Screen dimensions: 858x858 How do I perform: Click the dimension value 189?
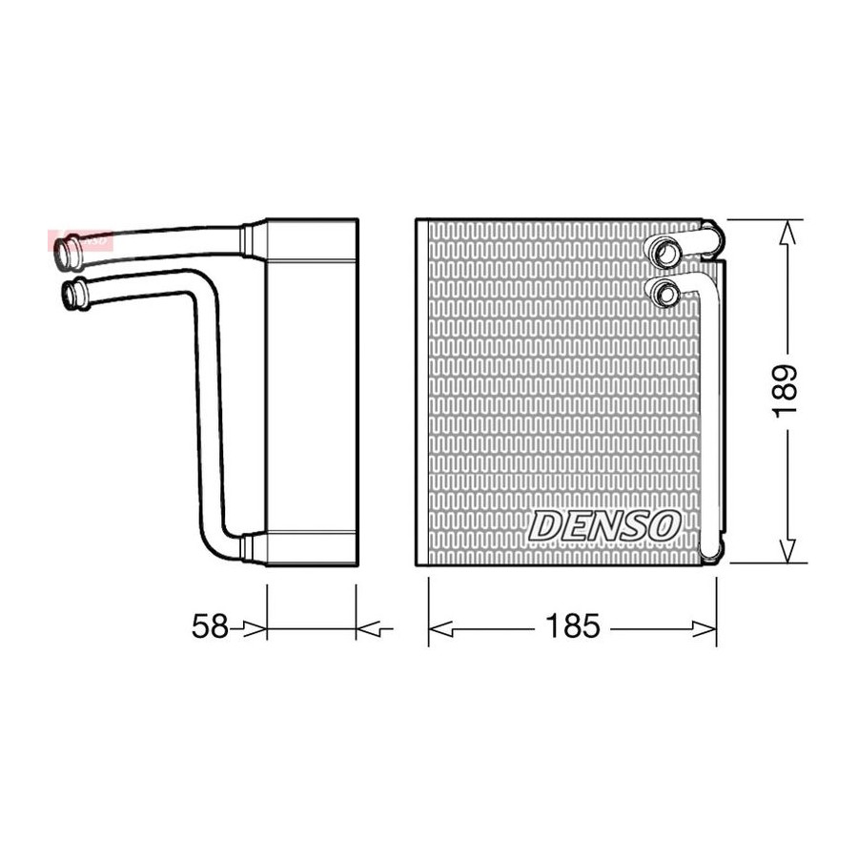click(786, 391)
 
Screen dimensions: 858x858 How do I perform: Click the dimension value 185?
click(572, 627)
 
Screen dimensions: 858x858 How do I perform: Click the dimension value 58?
click(210, 627)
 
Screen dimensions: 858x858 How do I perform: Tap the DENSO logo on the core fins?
click(604, 524)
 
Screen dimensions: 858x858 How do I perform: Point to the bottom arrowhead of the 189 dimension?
click(786, 550)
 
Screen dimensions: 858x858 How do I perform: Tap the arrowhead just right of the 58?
click(252, 627)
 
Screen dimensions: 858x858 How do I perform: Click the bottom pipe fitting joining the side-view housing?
click(251, 546)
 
